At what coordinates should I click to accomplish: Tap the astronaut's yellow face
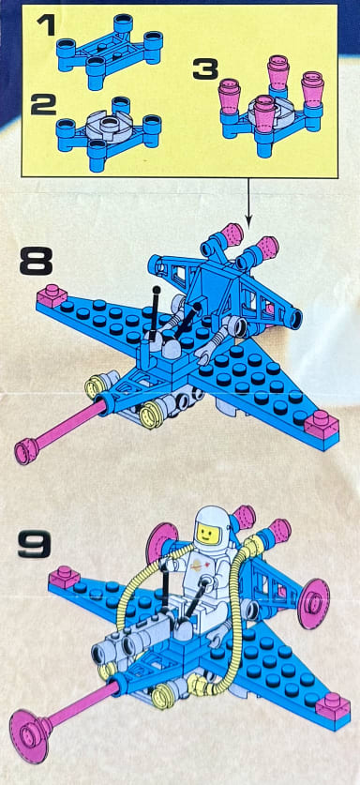coord(204,534)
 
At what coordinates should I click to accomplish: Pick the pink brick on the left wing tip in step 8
coord(52,295)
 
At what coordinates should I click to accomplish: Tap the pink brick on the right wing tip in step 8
coord(321,423)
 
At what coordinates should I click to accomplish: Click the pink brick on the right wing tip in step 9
coord(333,705)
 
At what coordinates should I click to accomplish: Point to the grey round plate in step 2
coord(108,124)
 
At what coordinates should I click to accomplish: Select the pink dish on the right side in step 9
coord(313,603)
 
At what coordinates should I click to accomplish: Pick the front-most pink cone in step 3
coord(263,112)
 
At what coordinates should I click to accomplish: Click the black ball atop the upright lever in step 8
coord(157,290)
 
